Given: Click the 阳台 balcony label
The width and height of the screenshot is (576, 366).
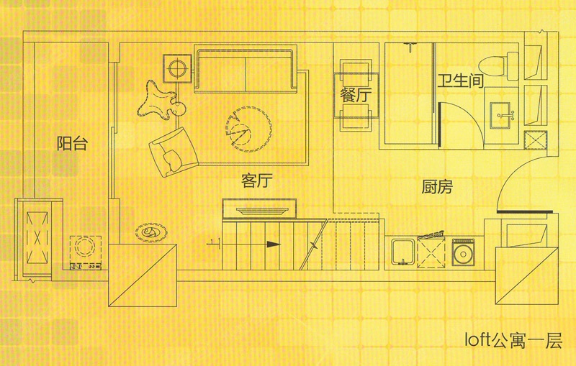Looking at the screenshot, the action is pos(73,143).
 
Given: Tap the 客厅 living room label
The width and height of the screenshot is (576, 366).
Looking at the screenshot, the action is pos(257,180).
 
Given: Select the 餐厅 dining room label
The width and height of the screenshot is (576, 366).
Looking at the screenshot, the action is pos(356,96).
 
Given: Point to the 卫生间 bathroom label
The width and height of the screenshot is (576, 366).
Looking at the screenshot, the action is pos(460,81).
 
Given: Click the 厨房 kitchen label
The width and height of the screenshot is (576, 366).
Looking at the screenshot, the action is pos(437,187).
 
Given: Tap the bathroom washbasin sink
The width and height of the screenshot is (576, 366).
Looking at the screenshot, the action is pos(500,115).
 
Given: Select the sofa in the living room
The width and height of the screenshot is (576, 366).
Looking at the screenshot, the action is pos(246,69).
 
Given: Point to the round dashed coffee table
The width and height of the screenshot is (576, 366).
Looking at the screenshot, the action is pos(248,127).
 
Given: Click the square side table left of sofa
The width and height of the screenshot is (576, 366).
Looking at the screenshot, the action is pos(177,68).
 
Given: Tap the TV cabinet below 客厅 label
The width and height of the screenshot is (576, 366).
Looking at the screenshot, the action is pos(259,209).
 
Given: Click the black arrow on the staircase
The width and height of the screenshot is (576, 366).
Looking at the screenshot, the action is pos(274,244).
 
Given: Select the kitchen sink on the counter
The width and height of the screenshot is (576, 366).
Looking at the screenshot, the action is pos(403,252).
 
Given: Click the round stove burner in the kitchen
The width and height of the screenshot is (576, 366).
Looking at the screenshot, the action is pos(463,253).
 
